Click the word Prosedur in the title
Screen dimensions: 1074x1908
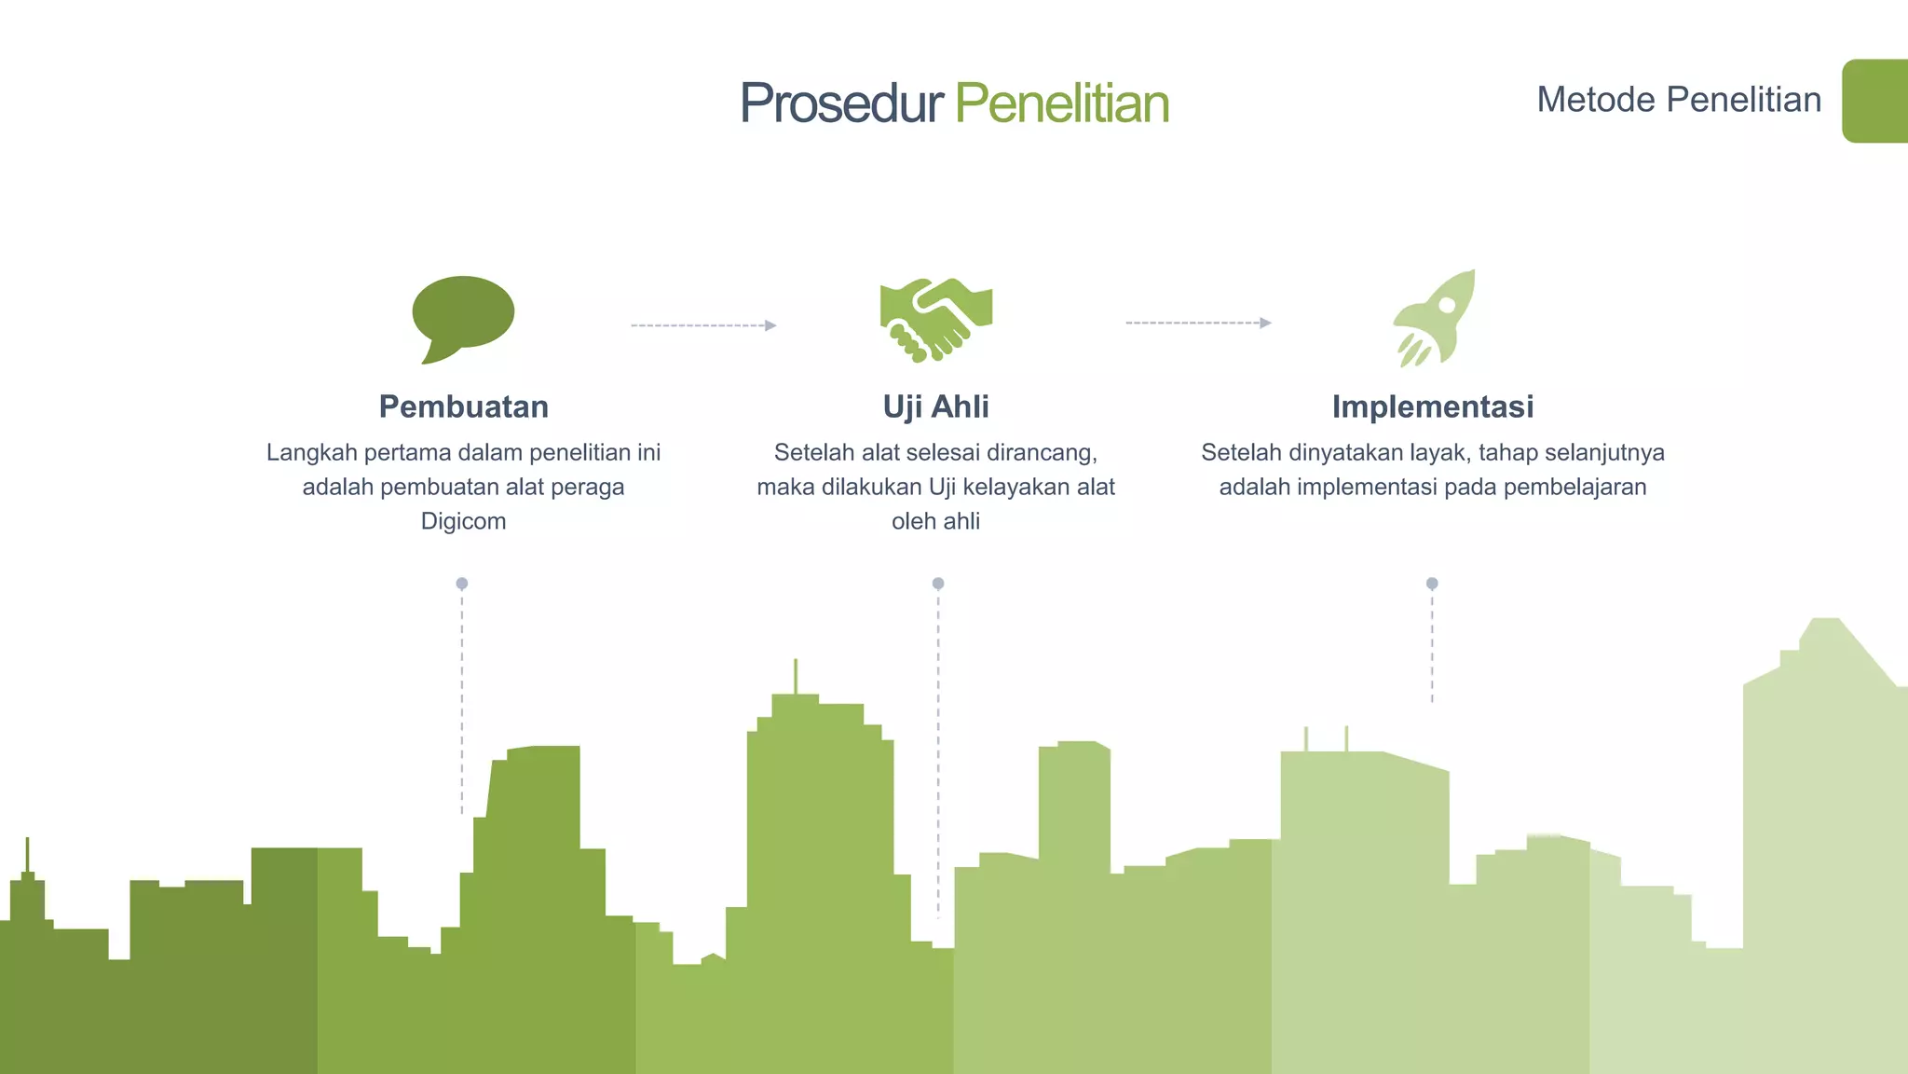click(841, 103)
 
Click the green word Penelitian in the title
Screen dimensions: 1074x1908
click(1062, 103)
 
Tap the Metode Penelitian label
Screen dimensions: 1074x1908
click(1679, 100)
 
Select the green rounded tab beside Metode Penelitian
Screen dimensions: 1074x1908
click(1874, 101)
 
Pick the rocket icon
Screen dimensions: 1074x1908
click(1435, 317)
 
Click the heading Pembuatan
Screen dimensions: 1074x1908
click(463, 406)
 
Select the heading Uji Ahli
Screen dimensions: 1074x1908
click(935, 406)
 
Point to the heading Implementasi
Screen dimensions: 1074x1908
click(1433, 406)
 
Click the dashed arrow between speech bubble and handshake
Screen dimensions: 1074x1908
click(703, 325)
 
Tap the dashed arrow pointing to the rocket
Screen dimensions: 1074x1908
click(1198, 323)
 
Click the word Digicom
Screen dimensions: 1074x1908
click(463, 521)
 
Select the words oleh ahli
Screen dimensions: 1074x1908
click(935, 521)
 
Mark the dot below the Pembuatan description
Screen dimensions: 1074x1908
click(462, 584)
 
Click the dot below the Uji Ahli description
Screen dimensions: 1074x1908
click(938, 584)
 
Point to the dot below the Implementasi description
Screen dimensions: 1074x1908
click(1432, 584)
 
